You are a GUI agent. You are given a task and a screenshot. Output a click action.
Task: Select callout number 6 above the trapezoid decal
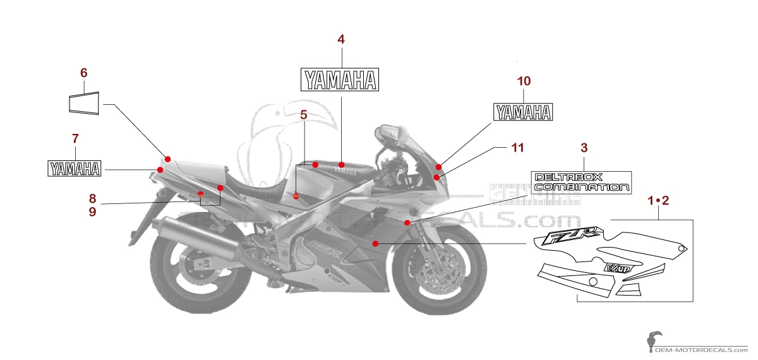click(x=83, y=73)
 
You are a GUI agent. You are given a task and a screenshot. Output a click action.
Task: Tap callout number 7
click(x=75, y=138)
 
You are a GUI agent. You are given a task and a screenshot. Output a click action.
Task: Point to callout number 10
click(x=524, y=81)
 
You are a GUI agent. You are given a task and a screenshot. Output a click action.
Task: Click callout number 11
click(x=518, y=148)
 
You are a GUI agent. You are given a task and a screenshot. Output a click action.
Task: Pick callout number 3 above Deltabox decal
click(x=584, y=148)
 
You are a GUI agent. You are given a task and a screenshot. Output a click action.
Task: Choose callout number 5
click(x=304, y=115)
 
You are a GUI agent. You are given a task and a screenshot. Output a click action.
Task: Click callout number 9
click(x=92, y=212)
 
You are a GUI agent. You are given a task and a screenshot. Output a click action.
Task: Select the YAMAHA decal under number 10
click(x=523, y=112)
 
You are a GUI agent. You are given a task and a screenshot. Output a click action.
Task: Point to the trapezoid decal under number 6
click(x=84, y=104)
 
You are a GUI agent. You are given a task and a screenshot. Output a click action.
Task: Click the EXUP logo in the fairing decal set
click(x=618, y=268)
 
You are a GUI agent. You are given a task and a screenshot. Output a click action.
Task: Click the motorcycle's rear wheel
click(x=189, y=272)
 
